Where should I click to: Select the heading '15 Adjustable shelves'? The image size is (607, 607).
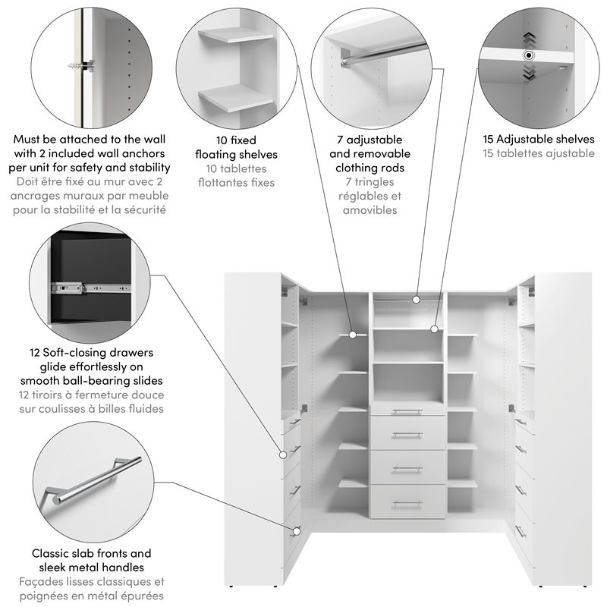528,140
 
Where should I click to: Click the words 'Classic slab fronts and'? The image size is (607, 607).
91,554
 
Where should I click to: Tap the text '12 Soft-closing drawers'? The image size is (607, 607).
91,353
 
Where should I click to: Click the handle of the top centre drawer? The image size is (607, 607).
407,412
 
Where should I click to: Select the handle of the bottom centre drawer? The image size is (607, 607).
407,502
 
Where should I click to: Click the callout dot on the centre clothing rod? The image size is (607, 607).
416,300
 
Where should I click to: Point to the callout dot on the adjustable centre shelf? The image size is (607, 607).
434,329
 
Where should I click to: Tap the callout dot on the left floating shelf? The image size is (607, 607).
353,334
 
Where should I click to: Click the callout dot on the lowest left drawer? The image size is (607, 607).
298,530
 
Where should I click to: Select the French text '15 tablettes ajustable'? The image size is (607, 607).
528,153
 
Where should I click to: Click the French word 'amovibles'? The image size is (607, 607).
370,210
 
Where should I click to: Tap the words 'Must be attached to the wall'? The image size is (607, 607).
90,140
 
